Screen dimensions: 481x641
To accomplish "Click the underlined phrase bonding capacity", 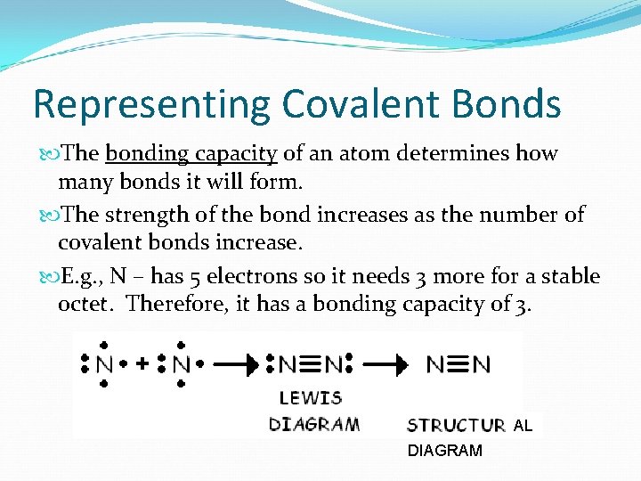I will (x=191, y=154).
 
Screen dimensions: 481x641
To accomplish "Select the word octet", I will (x=86, y=304).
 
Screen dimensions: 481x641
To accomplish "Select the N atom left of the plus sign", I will (x=104, y=363).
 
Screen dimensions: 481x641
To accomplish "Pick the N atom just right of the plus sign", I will (x=181, y=363).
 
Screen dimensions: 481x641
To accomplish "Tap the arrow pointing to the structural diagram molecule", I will (x=388, y=363).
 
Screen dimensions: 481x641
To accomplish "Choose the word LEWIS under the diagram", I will (x=311, y=397).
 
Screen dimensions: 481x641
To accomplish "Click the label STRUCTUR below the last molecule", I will (x=456, y=425).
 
